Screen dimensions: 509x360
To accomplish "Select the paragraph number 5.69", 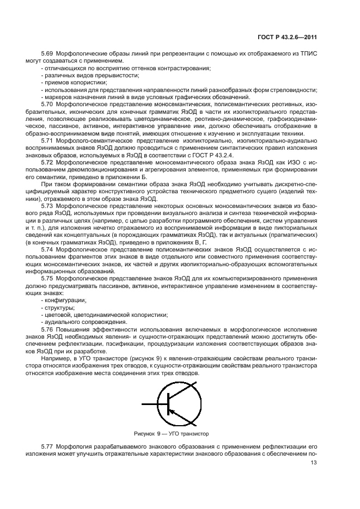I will pos(47,54).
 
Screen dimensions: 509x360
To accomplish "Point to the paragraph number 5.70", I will pos(47,103).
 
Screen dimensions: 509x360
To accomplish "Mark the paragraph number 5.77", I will pos(47,446).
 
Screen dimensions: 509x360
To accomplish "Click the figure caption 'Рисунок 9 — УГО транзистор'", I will pos(172,434).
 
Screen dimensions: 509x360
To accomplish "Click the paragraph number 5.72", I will pos(47,161).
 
